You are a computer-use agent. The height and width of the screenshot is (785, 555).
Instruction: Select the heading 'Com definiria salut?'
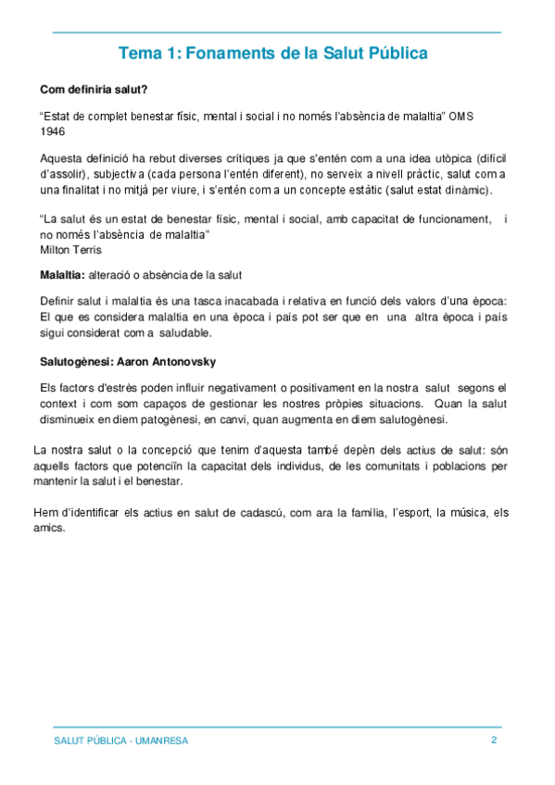pos(94,90)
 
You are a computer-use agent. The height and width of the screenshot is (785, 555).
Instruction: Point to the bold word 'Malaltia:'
pos(62,275)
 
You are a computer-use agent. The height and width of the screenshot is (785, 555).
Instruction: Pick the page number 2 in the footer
pos(494,741)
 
